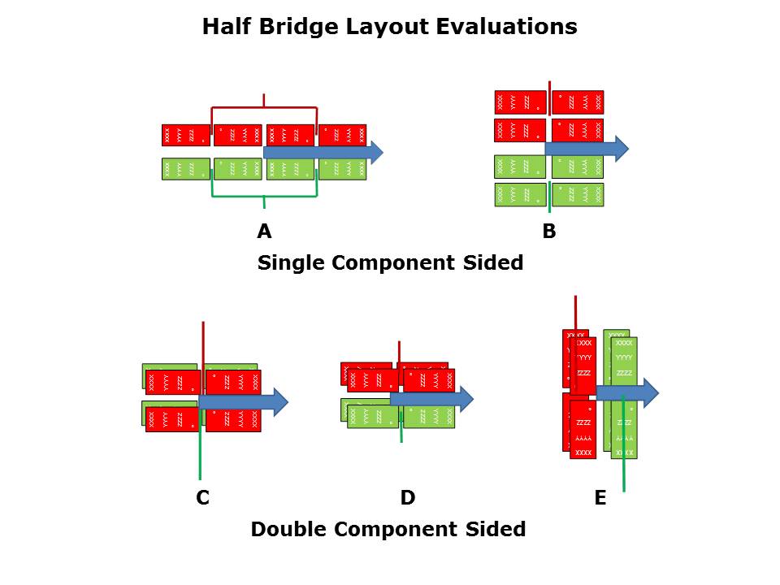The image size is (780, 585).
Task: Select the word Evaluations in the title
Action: pyautogui.click(x=506, y=27)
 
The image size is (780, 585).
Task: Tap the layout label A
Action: pyautogui.click(x=264, y=232)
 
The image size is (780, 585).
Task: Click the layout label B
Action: pyautogui.click(x=549, y=232)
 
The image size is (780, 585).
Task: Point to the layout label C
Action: pyautogui.click(x=203, y=498)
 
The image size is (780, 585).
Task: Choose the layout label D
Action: pyautogui.click(x=408, y=498)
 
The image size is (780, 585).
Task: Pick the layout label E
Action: pyautogui.click(x=600, y=498)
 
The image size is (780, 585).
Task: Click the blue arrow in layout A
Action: pyautogui.click(x=325, y=152)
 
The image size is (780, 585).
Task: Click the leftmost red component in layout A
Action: pyautogui.click(x=185, y=135)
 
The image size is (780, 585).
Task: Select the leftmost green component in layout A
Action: pyautogui.click(x=185, y=169)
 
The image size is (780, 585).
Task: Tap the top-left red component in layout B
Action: pyautogui.click(x=520, y=102)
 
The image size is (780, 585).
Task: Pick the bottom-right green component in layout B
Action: pyautogui.click(x=578, y=195)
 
